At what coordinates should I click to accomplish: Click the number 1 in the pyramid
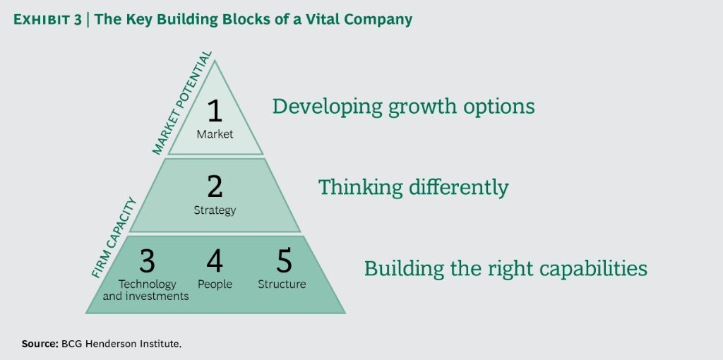click(x=215, y=112)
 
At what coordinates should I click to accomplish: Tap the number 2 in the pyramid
click(x=215, y=186)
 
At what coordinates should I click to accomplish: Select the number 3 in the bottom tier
click(x=147, y=260)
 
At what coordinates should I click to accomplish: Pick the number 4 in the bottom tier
click(x=215, y=261)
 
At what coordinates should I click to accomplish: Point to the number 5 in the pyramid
click(x=283, y=260)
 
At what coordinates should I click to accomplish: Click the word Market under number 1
click(x=215, y=133)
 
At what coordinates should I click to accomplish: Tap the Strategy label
click(x=215, y=210)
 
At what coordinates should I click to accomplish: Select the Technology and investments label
click(x=146, y=290)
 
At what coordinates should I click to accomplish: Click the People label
click(x=215, y=284)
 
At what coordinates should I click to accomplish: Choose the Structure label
click(x=282, y=284)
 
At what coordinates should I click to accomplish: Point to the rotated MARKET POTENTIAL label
click(x=182, y=102)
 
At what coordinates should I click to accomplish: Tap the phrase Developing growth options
click(x=403, y=107)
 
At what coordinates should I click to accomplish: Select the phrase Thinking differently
click(x=413, y=187)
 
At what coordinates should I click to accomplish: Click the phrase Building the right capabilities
click(x=506, y=269)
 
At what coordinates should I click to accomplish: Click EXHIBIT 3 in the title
click(x=47, y=19)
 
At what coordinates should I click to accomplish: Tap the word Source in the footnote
click(x=39, y=344)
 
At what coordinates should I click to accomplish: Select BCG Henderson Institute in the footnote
click(x=120, y=344)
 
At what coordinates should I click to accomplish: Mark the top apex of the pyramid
click(x=215, y=61)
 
